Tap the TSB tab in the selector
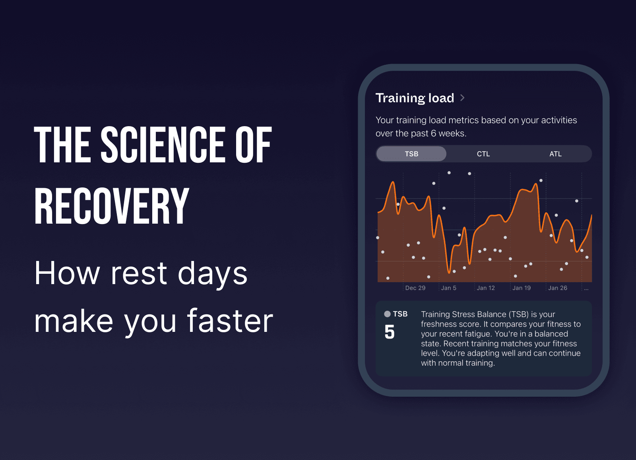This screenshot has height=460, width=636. tap(411, 154)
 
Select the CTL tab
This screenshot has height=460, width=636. tap(483, 154)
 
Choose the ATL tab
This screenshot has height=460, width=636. tap(555, 154)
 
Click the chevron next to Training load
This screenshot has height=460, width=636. tap(462, 98)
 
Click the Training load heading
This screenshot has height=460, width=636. tap(415, 98)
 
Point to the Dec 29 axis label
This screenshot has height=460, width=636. tap(415, 288)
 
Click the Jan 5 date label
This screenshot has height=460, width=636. tap(448, 288)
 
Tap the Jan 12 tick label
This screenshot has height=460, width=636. tap(486, 288)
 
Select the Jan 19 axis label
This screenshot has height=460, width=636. tap(522, 288)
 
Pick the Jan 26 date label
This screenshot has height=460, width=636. tap(557, 288)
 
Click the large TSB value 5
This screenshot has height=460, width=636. tap(390, 332)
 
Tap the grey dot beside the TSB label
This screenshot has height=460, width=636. tap(387, 314)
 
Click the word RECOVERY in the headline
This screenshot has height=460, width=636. tap(111, 206)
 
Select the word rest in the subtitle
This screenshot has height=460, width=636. tap(139, 273)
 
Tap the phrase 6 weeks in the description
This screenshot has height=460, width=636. tap(448, 133)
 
